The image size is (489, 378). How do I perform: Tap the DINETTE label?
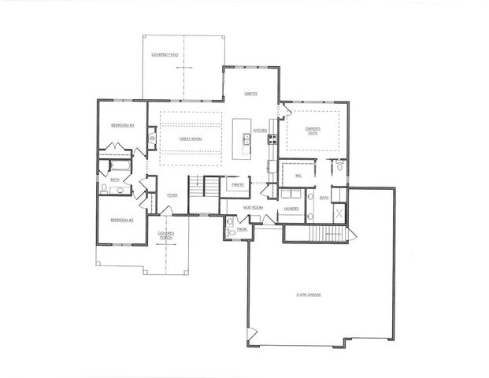pos(251,92)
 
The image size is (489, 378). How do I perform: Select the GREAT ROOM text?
pos(191,138)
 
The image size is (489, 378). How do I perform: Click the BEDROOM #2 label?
pos(121,220)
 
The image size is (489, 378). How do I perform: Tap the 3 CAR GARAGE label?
pos(314,295)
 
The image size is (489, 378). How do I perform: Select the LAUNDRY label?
pos(290,209)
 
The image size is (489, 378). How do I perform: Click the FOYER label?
pos(172,195)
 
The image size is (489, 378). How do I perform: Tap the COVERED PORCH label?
pos(165,235)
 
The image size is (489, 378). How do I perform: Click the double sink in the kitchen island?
pos(246,139)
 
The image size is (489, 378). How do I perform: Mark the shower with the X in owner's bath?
pos(339,213)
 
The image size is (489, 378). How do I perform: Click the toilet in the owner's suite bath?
pos(339,166)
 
